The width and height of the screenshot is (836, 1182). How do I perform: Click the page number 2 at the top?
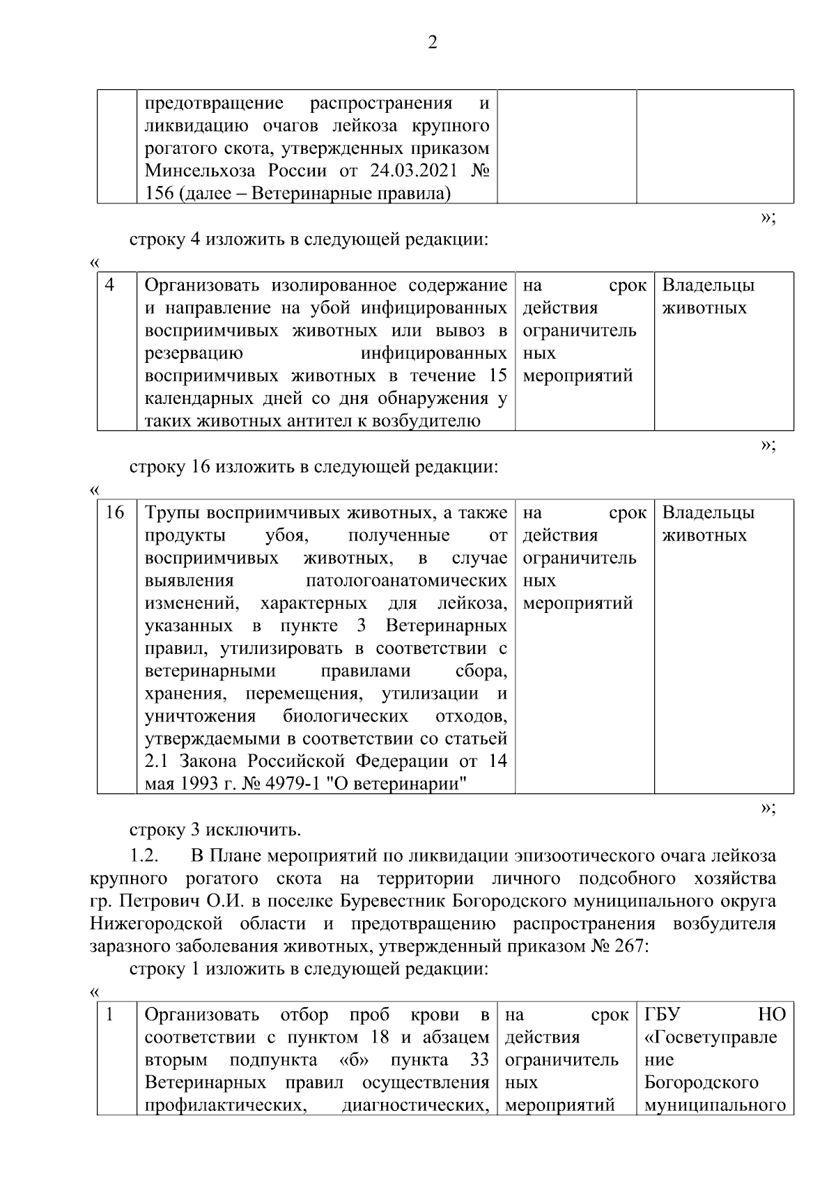pyautogui.click(x=432, y=44)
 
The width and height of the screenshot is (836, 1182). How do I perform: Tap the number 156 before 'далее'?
pyautogui.click(x=159, y=193)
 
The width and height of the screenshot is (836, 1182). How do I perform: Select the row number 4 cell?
pyautogui.click(x=110, y=286)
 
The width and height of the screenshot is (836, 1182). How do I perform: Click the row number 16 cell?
pyautogui.click(x=114, y=513)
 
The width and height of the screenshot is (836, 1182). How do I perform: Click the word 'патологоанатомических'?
pyautogui.click(x=406, y=580)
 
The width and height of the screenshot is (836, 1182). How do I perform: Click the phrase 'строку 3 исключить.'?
pyautogui.click(x=215, y=830)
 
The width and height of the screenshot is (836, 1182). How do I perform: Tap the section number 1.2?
pyautogui.click(x=145, y=855)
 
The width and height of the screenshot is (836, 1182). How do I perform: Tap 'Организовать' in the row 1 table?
pyautogui.click(x=202, y=1014)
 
